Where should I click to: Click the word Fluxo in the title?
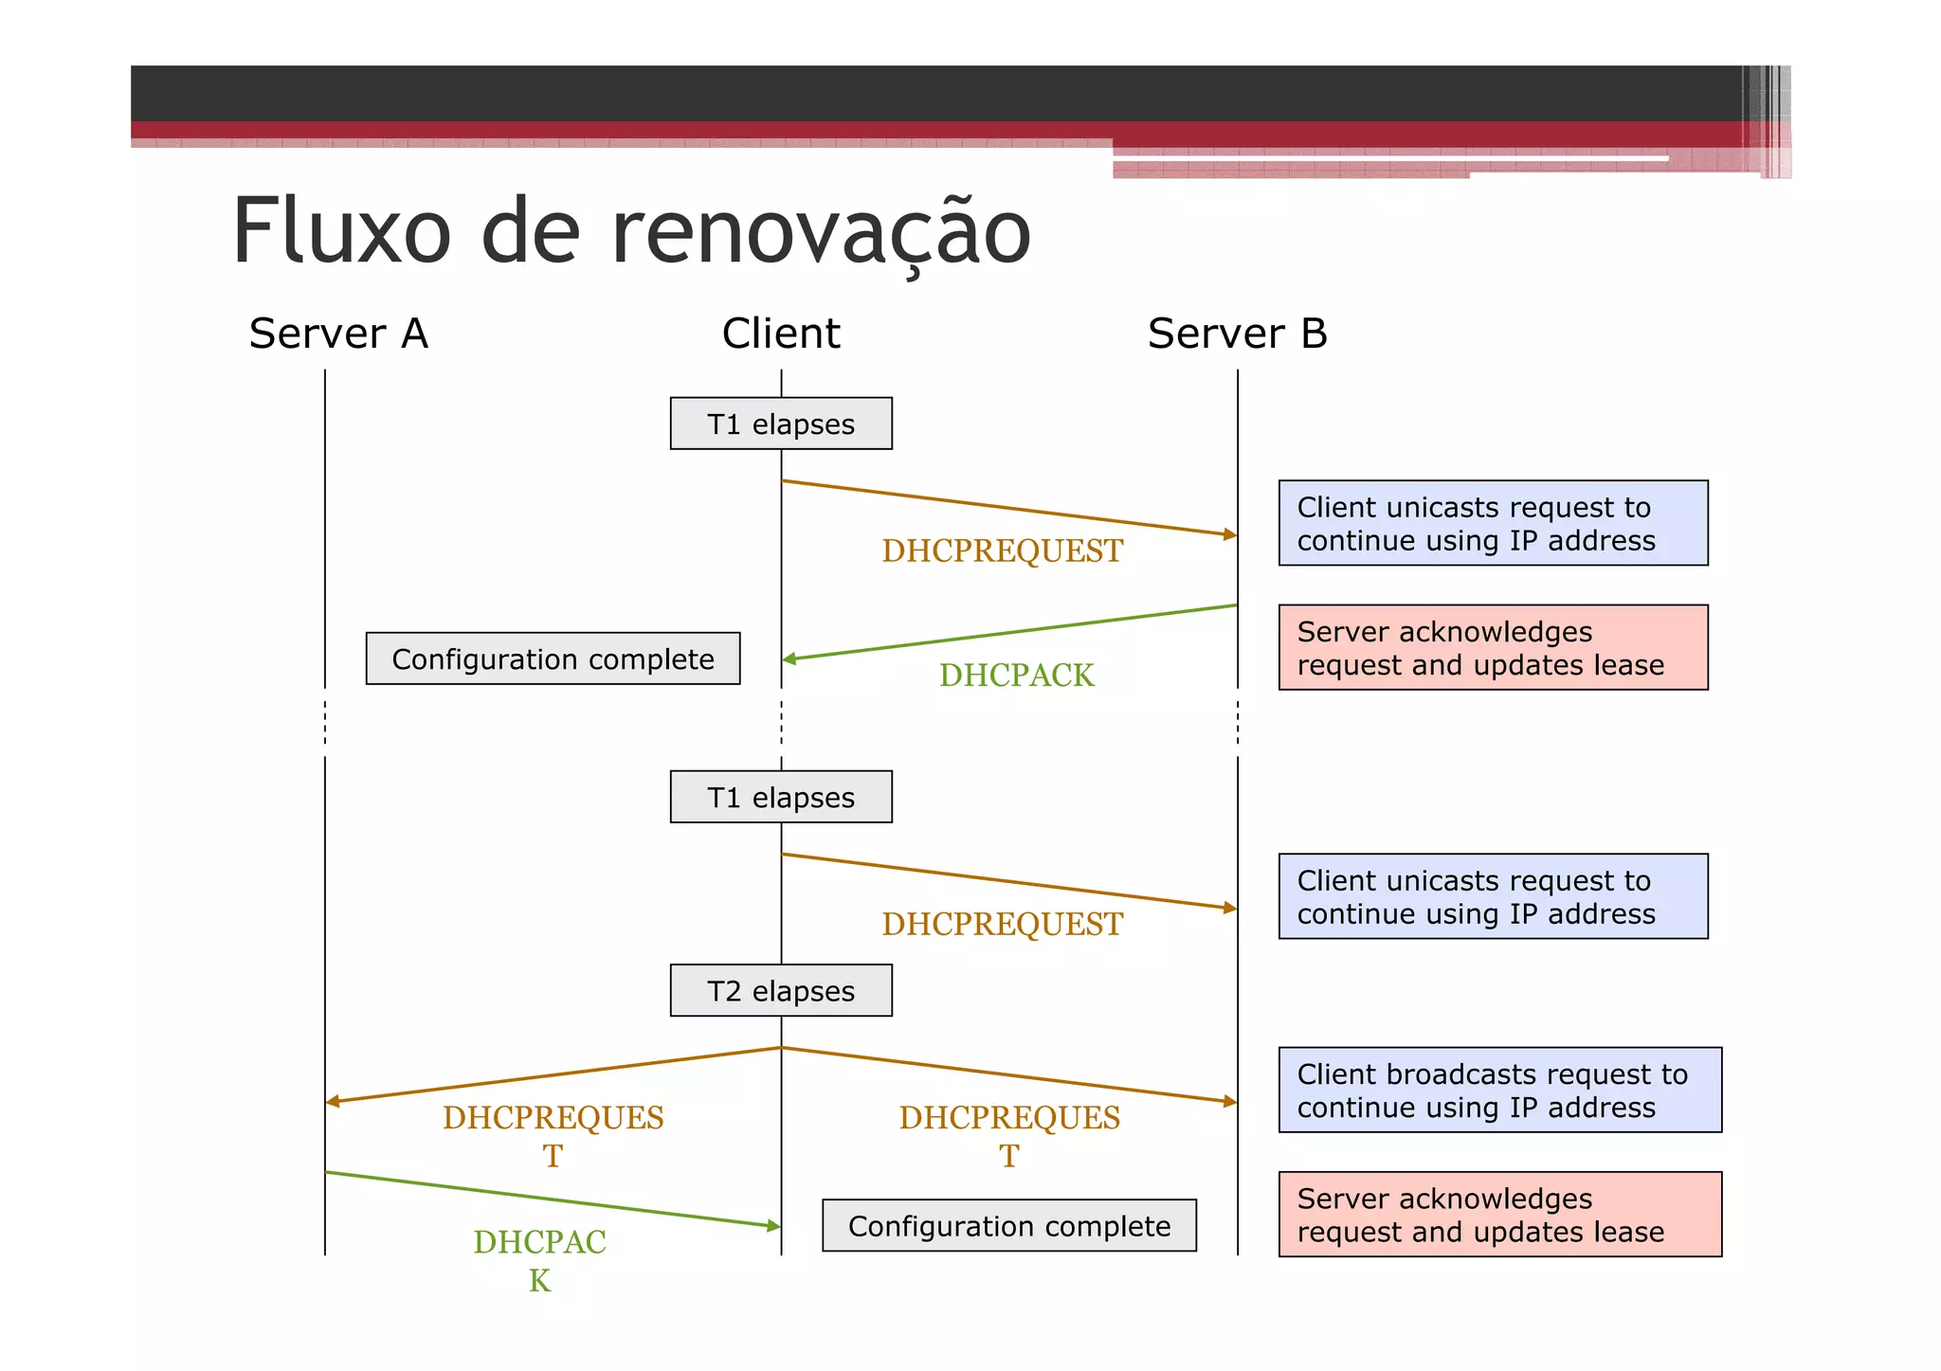pyautogui.click(x=341, y=232)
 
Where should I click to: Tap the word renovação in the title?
pyautogui.click(x=821, y=232)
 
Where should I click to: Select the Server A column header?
pyautogui.click(x=338, y=334)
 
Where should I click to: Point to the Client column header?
pyautogui.click(x=781, y=334)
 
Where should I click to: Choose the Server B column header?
pyautogui.click(x=1237, y=334)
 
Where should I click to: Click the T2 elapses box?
pyautogui.click(x=781, y=991)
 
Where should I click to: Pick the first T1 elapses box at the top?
pyautogui.click(x=781, y=424)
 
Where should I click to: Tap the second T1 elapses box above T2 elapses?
pyautogui.click(x=781, y=797)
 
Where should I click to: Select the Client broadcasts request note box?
pyautogui.click(x=1499, y=1090)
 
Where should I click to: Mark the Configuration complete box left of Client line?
pyautogui.click(x=553, y=658)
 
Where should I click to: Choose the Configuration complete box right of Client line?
pyautogui.click(x=1008, y=1226)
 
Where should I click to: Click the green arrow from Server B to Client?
pyautogui.click(x=1009, y=632)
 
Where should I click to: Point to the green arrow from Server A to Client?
pyautogui.click(x=553, y=1200)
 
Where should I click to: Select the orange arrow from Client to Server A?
pyautogui.click(x=553, y=1074)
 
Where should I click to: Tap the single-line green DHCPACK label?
pyautogui.click(x=1016, y=676)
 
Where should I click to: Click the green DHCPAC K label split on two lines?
pyautogui.click(x=539, y=1260)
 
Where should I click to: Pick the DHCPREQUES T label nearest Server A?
pyautogui.click(x=553, y=1136)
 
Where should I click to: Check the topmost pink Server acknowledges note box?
pyautogui.click(x=1493, y=647)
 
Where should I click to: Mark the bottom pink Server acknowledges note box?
pyautogui.click(x=1499, y=1215)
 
